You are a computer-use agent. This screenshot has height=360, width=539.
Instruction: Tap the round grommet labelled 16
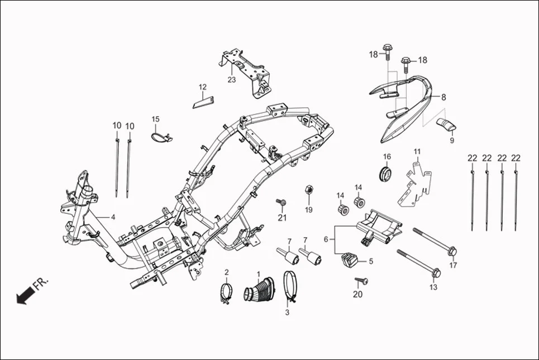tap(385, 173)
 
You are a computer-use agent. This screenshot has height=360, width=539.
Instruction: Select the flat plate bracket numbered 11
tap(416, 181)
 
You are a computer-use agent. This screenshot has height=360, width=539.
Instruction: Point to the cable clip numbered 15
tap(160, 136)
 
